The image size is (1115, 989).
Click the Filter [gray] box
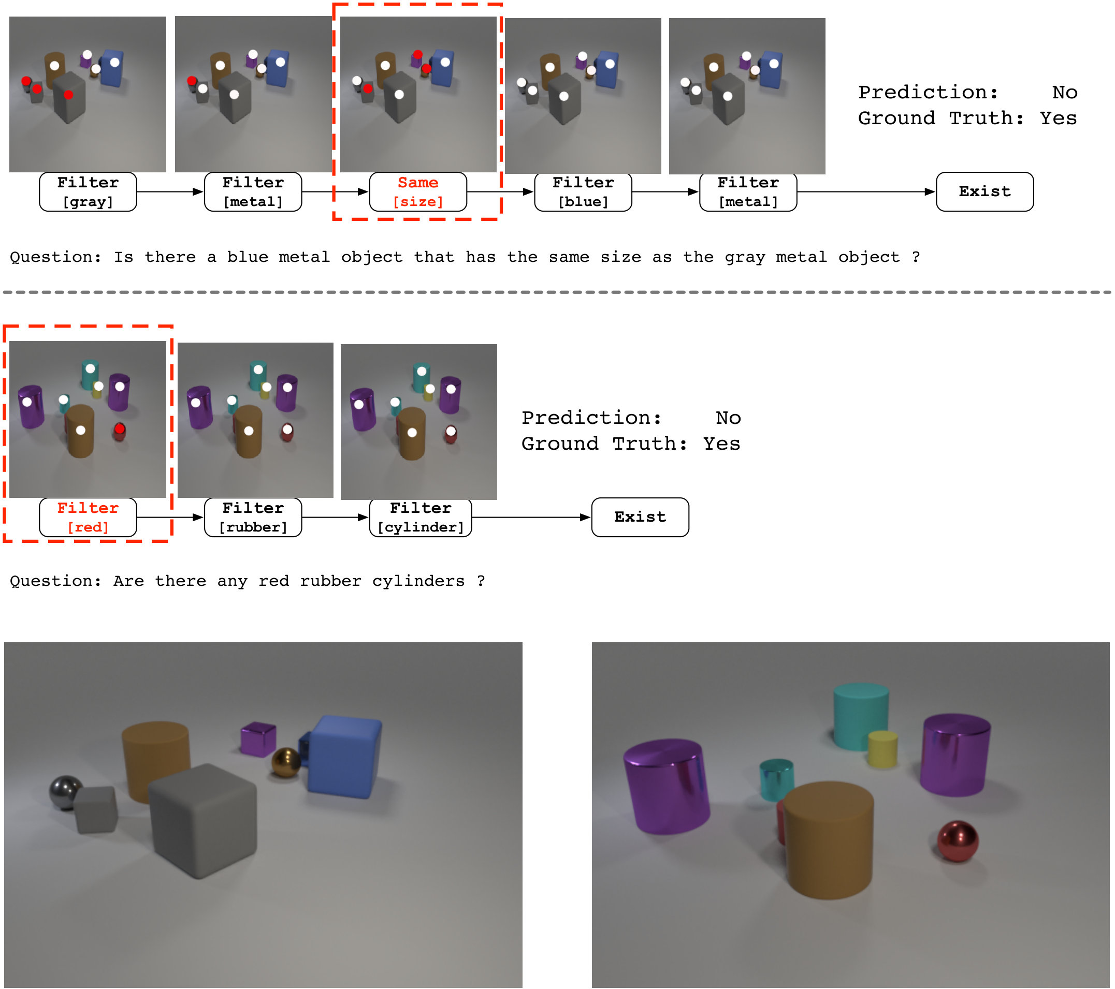pos(88,192)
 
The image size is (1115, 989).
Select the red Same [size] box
pos(418,192)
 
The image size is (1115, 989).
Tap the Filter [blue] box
pos(583,192)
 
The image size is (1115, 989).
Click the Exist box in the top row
pos(984,192)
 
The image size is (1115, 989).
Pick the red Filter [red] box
pos(88,518)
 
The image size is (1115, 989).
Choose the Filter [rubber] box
pos(253,518)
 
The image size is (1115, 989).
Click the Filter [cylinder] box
pos(421,518)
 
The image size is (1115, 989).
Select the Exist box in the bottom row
pos(640,518)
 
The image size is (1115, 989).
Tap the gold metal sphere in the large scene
pos(286,762)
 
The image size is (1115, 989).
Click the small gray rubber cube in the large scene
pos(96,809)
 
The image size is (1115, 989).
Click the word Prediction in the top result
pos(928,92)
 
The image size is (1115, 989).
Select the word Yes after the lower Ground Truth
pos(722,444)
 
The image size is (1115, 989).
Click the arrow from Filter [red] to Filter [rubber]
pos(170,518)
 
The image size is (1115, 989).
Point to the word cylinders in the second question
pos(418,581)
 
